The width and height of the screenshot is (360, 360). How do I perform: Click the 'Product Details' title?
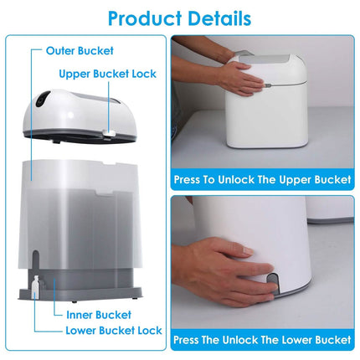click(179, 18)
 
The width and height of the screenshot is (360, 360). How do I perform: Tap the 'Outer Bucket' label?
click(80, 51)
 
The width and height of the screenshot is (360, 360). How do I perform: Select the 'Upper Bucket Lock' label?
click(107, 74)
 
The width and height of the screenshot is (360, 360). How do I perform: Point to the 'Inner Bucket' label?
click(99, 315)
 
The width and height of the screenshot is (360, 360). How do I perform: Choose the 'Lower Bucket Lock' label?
click(114, 331)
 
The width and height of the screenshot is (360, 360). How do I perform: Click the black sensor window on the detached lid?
click(43, 99)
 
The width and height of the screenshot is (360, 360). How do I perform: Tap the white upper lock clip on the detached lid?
click(109, 133)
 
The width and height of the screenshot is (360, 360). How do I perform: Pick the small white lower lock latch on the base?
click(35, 284)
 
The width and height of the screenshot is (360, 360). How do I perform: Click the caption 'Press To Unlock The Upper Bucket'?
click(262, 179)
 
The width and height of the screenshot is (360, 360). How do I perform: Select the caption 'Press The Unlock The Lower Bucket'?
click(262, 340)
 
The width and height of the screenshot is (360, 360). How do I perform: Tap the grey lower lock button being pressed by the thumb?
click(273, 283)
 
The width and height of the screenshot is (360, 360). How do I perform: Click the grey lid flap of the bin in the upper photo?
click(264, 59)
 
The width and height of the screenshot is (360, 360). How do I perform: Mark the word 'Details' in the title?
click(219, 18)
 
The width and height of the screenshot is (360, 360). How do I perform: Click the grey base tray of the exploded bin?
click(80, 294)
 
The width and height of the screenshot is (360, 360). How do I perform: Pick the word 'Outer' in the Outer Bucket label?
click(60, 51)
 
